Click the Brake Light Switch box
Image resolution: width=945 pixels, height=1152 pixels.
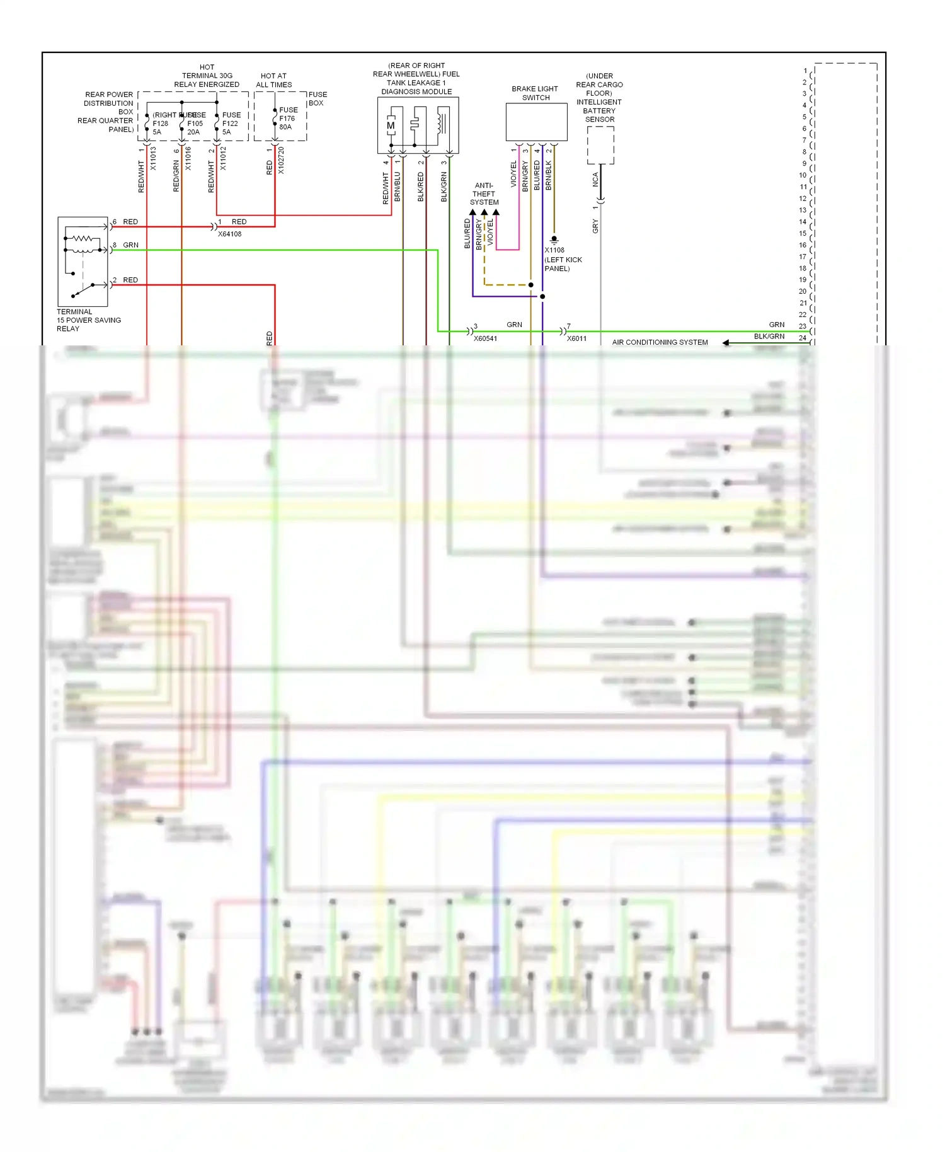coord(536,122)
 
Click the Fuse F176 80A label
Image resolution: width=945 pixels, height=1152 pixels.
coord(288,118)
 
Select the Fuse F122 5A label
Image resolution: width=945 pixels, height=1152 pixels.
coord(231,124)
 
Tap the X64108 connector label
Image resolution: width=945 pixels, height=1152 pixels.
coord(229,234)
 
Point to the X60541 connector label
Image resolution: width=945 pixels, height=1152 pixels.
coord(485,338)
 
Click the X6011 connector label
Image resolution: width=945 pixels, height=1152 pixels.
coord(576,338)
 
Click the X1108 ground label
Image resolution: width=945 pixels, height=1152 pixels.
coord(554,250)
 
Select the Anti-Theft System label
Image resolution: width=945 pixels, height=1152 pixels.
coord(484,194)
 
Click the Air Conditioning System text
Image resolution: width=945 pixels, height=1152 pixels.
coord(660,342)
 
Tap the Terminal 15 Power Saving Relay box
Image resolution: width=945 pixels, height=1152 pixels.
coord(83,262)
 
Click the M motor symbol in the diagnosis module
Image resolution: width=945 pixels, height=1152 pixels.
coord(391,125)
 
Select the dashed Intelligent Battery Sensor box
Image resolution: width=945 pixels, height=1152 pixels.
coord(600,145)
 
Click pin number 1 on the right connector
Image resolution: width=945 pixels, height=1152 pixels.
coord(805,71)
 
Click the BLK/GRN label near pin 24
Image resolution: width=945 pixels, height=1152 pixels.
coord(769,337)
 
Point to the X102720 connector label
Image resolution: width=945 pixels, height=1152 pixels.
coord(281,161)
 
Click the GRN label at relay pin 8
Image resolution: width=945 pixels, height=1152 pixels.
coord(130,245)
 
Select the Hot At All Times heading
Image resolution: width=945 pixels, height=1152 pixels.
coord(273,80)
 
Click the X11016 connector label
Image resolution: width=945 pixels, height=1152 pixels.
coord(188,159)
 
